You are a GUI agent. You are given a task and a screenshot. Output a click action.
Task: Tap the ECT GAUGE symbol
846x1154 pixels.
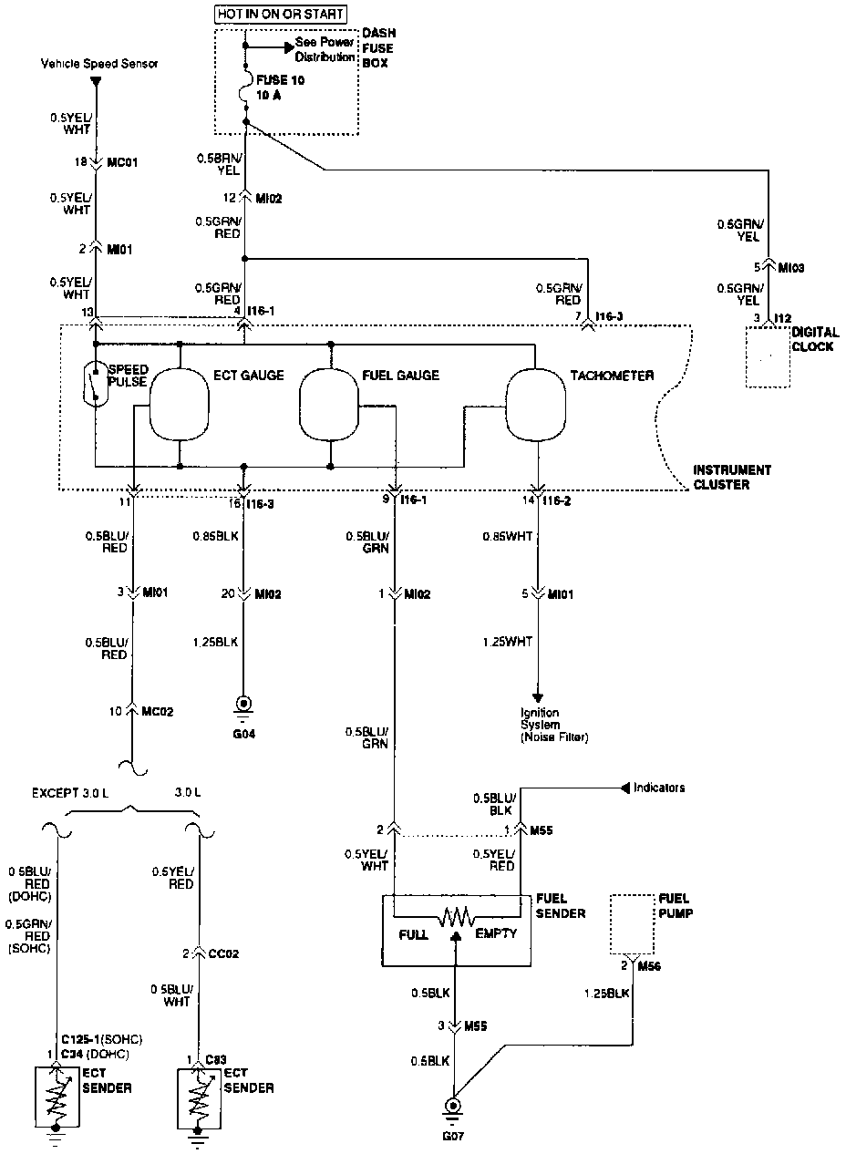coord(180,404)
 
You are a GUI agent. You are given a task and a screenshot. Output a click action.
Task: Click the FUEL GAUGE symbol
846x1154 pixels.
coord(331,404)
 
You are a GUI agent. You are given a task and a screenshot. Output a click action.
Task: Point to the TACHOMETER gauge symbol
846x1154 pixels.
coord(537,404)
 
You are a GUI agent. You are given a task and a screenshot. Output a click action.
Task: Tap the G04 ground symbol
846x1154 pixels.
coord(243,706)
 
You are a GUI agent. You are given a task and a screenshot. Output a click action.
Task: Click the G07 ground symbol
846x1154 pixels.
coord(453,1108)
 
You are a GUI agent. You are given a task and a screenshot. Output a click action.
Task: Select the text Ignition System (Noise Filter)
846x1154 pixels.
coord(553,725)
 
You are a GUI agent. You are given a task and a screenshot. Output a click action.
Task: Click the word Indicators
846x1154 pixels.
coord(658,788)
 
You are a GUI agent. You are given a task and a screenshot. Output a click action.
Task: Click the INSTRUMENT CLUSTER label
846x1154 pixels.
coord(732,478)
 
